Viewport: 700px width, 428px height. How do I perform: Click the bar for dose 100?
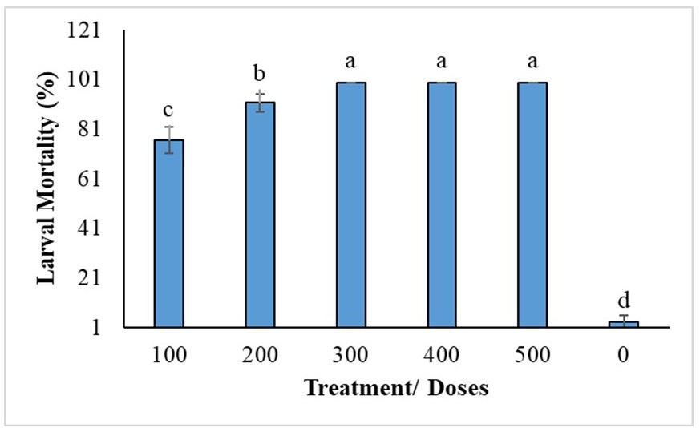(168, 234)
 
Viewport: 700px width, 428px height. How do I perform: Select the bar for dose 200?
(260, 215)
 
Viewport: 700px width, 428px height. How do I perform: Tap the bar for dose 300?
(351, 205)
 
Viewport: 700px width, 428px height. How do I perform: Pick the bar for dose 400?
(442, 205)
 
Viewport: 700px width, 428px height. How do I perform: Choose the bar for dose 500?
(532, 205)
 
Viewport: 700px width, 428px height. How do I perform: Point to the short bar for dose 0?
(624, 325)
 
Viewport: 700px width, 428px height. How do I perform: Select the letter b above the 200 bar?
(259, 73)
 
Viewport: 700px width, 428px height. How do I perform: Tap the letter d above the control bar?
(624, 300)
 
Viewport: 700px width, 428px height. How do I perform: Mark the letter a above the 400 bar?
(442, 62)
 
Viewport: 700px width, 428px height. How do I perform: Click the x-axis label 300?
(350, 355)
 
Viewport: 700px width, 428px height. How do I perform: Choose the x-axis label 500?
(532, 355)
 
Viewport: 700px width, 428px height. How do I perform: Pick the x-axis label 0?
(623, 355)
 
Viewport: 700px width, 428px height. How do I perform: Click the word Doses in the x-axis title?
(458, 388)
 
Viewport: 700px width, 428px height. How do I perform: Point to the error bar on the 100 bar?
(168, 139)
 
